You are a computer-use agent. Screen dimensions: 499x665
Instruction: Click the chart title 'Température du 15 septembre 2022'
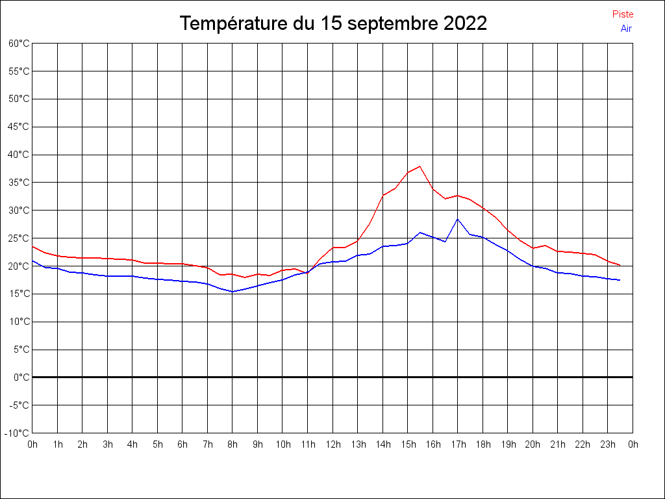(x=333, y=23)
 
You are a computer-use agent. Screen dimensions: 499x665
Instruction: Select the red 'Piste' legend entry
(x=623, y=14)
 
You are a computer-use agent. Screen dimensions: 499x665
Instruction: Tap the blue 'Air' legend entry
(x=626, y=28)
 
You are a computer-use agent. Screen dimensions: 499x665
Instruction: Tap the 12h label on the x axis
(x=332, y=444)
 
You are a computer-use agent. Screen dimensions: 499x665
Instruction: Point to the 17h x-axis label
(x=458, y=444)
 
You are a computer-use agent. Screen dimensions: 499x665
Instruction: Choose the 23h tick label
(x=608, y=444)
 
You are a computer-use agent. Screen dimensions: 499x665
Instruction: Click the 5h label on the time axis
(x=158, y=444)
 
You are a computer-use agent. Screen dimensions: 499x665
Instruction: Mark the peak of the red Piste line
(x=420, y=166)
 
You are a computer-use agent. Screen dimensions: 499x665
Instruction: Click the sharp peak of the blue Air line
(x=458, y=218)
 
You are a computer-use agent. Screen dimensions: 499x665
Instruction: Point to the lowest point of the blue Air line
(x=232, y=292)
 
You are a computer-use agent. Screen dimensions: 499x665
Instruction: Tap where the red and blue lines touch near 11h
(x=308, y=272)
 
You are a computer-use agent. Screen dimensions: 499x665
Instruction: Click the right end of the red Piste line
(x=620, y=265)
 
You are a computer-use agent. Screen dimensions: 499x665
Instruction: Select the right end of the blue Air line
(x=620, y=280)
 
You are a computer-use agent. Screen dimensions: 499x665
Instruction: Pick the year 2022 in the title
(x=466, y=23)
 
